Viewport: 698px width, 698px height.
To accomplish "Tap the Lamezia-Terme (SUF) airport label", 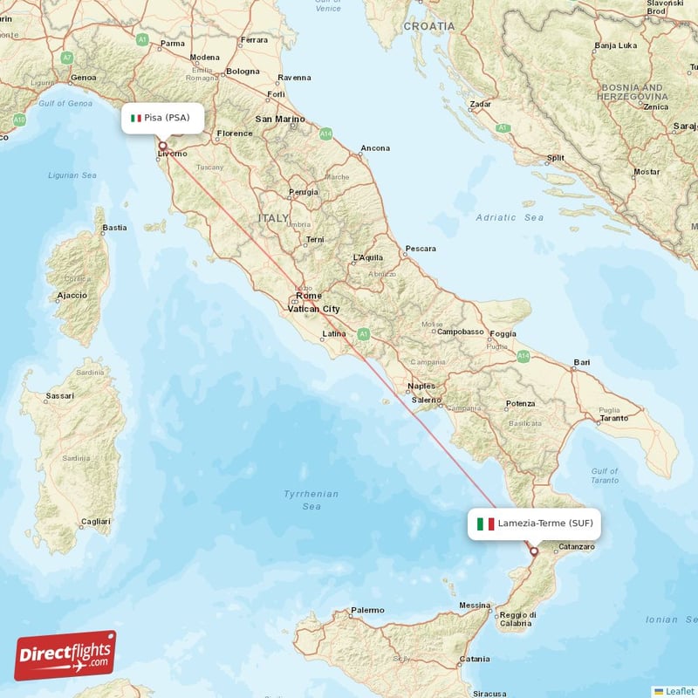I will pos(534,523).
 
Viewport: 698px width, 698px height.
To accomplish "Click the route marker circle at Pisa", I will pos(162,146).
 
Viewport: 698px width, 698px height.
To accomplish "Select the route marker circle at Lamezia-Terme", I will pos(534,551).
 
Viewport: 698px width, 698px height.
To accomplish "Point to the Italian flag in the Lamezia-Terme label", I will pos(485,523).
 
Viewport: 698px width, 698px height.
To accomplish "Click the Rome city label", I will pos(308,296).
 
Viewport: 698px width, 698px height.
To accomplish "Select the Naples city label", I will pos(421,386).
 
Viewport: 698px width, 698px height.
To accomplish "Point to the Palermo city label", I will pos(367,610).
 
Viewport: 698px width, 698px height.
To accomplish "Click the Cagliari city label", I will pos(95,522).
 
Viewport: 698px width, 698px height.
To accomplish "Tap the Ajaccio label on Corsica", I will pos(72,295).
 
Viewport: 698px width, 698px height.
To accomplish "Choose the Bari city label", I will pos(582,361).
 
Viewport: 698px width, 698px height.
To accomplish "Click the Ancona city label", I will pos(375,148).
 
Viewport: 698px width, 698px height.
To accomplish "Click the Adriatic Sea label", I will pos(510,217).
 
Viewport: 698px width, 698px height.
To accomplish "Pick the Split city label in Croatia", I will pos(555,158).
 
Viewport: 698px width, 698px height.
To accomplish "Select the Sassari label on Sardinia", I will pos(59,395).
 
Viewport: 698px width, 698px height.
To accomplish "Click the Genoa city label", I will pos(84,78).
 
